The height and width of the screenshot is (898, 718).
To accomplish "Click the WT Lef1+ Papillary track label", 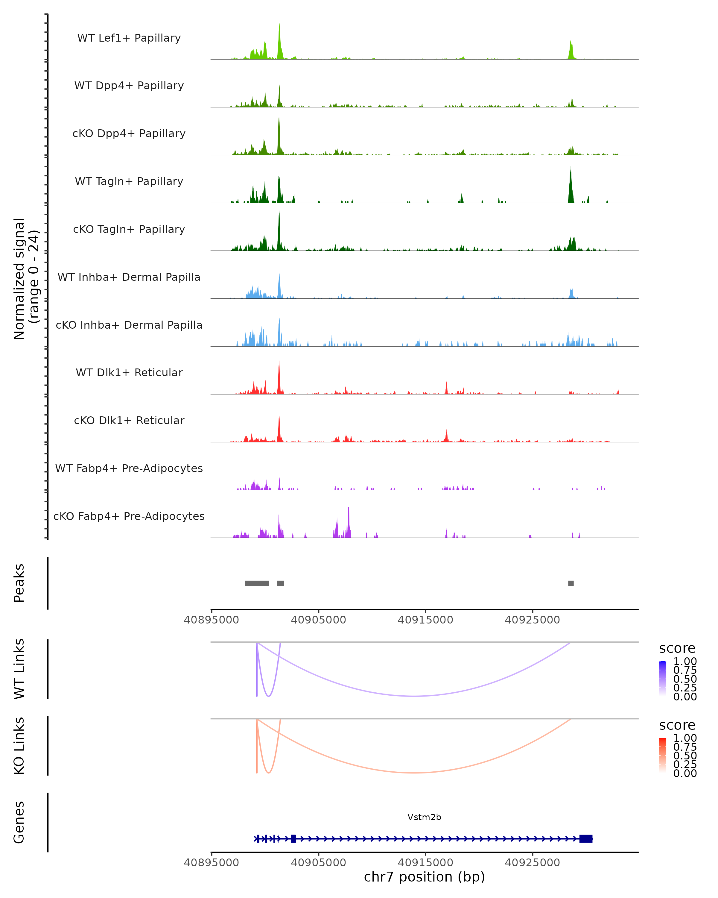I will pyautogui.click(x=129, y=38).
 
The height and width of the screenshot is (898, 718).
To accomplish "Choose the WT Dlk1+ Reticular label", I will pyautogui.click(x=129, y=372).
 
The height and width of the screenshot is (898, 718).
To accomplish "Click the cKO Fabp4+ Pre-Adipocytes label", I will pyautogui.click(x=129, y=516).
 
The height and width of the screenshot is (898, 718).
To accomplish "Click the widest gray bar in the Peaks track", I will pyautogui.click(x=257, y=583).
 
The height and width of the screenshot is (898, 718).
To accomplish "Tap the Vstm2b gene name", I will pyautogui.click(x=424, y=817).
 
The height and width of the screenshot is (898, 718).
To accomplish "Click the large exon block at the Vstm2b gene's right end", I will pyautogui.click(x=586, y=839).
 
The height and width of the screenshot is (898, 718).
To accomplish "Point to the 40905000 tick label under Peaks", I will pyautogui.click(x=318, y=620).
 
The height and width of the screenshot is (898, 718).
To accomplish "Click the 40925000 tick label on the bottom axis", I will pyautogui.click(x=532, y=863).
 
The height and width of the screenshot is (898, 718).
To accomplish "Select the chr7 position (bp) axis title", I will pyautogui.click(x=424, y=877).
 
